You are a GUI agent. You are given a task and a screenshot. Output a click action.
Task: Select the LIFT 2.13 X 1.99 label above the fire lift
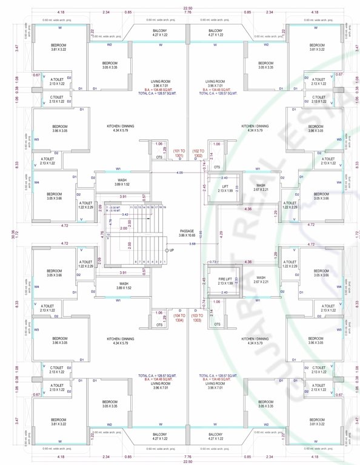[225, 188]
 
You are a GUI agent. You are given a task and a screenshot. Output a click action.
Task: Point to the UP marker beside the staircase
[172, 250]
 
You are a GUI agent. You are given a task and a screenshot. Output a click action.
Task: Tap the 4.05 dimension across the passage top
[180, 173]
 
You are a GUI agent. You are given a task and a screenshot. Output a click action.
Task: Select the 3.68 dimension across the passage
[192, 244]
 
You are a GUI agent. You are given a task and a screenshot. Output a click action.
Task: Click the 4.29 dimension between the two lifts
[221, 233]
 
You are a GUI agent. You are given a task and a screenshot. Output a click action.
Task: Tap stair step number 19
[164, 207]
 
